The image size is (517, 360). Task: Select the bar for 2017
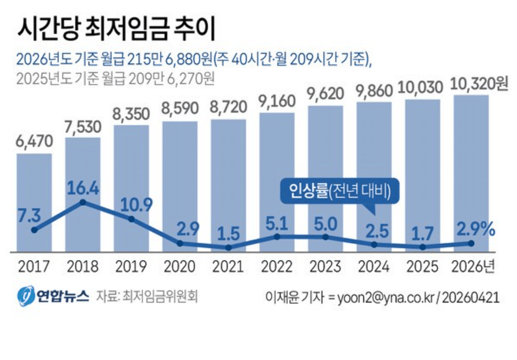point(34,202)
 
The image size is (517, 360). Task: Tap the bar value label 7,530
point(83,127)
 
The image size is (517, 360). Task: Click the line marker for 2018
point(83,202)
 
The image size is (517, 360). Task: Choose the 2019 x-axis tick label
point(131,268)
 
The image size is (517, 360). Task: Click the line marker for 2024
point(374,244)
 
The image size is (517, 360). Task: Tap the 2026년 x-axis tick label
point(474,268)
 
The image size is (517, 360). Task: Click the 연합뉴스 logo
point(53,296)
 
